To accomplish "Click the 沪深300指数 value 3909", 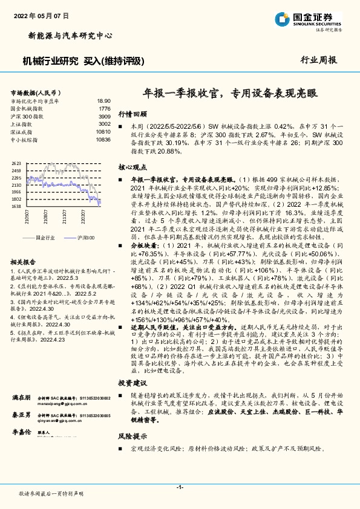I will coord(104,116).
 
